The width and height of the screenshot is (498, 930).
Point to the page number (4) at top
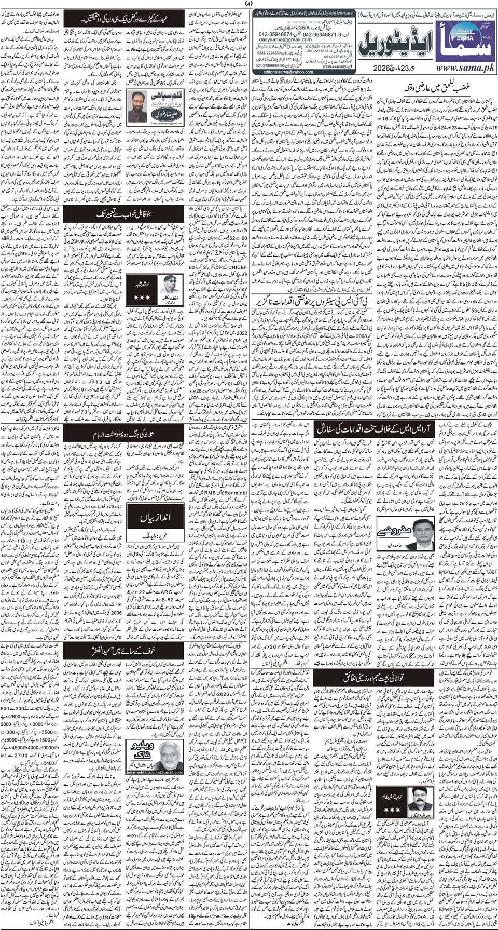pyautogui.click(x=250, y=4)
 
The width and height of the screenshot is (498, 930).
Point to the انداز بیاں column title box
pyautogui.click(x=147, y=519)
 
